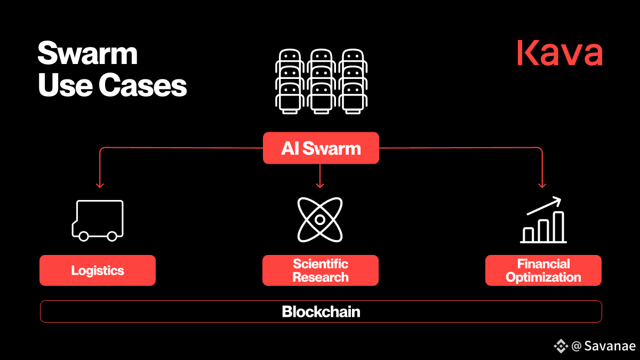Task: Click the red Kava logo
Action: (x=559, y=53)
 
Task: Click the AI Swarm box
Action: (x=321, y=148)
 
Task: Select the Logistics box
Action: (x=98, y=270)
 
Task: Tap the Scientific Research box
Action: (x=321, y=270)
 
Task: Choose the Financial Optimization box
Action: (x=543, y=270)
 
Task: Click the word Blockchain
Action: (x=321, y=311)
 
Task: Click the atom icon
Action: (x=320, y=220)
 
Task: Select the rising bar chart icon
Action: (x=543, y=220)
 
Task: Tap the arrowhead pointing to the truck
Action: (x=100, y=185)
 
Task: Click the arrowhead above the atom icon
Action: (x=320, y=185)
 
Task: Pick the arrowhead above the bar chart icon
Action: (x=542, y=185)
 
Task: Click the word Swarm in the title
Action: (x=87, y=53)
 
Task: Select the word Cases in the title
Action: (x=142, y=85)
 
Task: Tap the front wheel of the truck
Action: (x=83, y=236)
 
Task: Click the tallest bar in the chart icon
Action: (x=558, y=227)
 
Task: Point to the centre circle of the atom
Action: (x=320, y=220)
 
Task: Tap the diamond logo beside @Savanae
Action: (x=561, y=346)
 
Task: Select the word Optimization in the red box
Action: (x=543, y=277)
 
